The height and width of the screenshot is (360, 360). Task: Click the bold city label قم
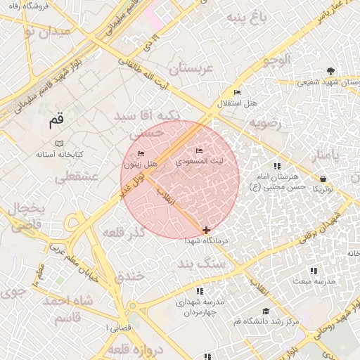[56, 121]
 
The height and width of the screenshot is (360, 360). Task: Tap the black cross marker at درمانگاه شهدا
[206, 230]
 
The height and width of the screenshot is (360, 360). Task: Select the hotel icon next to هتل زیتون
[141, 154]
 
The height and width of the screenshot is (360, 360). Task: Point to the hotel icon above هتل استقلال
[237, 93]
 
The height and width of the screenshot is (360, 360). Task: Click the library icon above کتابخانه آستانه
[59, 143]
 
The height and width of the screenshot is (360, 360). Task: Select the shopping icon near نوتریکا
[323, 179]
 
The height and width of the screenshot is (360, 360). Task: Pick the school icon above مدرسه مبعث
[314, 271]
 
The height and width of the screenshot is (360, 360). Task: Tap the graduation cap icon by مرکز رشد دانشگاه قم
[266, 311]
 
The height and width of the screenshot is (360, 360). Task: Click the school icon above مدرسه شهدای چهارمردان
[200, 290]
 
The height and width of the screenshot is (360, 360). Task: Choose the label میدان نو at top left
[46, 32]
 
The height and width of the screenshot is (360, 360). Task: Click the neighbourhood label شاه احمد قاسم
[67, 308]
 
